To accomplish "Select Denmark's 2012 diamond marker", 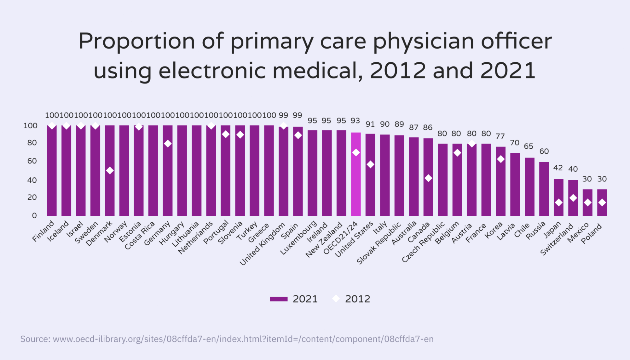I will tap(110, 170).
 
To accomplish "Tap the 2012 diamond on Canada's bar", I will tap(428, 178).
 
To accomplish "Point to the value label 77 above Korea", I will tap(500, 136).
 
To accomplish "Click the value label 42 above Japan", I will tap(558, 168).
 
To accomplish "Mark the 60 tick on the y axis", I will tap(32, 161).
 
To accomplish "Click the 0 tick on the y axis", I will tap(34, 215).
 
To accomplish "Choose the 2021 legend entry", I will tap(293, 299).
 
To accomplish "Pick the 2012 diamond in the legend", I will tap(336, 299).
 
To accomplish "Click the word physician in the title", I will tap(424, 41).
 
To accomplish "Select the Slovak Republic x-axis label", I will tap(379, 243).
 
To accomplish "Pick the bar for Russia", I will tap(544, 189).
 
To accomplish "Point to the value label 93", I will tap(355, 121).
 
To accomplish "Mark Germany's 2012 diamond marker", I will tap(168, 144).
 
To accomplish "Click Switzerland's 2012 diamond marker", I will tap(573, 198).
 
